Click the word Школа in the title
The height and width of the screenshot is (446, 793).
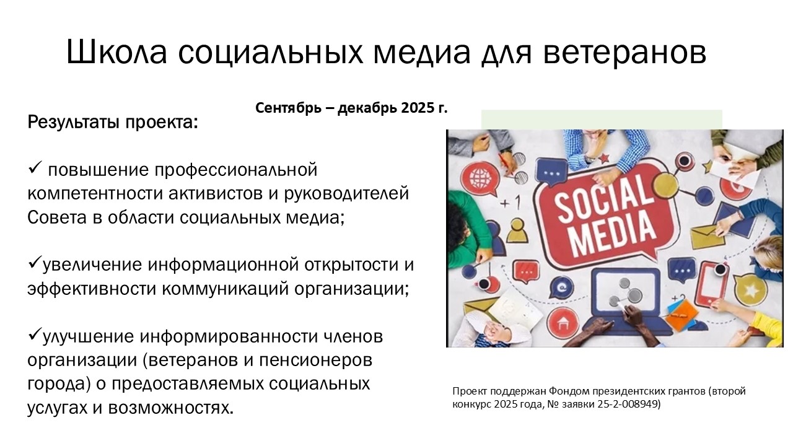click(116, 52)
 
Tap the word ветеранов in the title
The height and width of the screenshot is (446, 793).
click(625, 53)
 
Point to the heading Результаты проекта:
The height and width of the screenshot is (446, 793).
click(113, 123)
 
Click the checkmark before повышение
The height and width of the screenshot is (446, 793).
click(35, 167)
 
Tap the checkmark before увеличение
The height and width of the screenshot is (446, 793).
click(35, 262)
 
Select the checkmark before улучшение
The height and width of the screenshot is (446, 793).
click(35, 333)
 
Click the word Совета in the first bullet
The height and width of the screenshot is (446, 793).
click(57, 217)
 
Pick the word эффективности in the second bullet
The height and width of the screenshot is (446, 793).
click(92, 289)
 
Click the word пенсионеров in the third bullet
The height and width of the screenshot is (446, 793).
click(316, 361)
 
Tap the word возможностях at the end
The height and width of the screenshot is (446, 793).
click(170, 408)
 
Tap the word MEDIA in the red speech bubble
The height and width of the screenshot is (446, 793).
click(613, 234)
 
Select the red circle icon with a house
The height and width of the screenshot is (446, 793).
click(562, 323)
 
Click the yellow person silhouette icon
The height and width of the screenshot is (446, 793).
click(517, 230)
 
